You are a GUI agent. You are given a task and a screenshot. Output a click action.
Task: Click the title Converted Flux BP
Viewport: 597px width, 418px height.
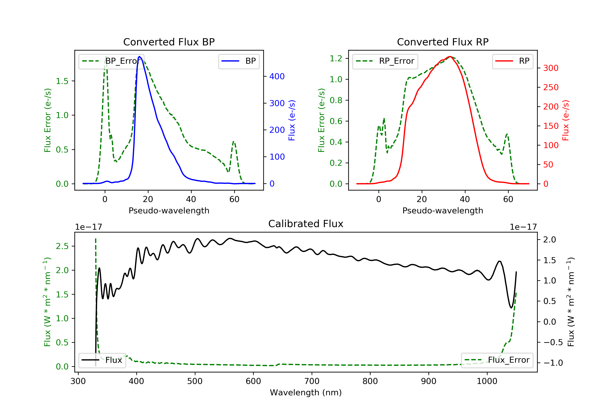coord(169,42)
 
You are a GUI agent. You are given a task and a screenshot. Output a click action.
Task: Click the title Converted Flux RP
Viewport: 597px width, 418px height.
coord(443,42)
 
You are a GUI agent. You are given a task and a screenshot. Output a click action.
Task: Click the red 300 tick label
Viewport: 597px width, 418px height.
coord(550,68)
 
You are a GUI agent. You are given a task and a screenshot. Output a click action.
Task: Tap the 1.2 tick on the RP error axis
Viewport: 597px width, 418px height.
coord(336,59)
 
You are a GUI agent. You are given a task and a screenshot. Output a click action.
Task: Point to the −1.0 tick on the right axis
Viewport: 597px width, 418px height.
coord(553,363)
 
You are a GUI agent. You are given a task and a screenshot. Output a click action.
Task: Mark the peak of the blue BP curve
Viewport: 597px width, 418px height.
coord(139,57)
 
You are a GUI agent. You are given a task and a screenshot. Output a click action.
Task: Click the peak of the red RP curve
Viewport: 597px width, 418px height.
coord(450,57)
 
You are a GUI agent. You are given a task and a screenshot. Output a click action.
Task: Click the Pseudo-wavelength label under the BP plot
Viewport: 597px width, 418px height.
coord(169,210)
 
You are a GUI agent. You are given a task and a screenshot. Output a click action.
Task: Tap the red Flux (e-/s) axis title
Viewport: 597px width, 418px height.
coord(566,120)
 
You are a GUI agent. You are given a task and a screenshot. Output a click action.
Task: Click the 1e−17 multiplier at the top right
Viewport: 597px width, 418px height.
coord(523,227)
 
